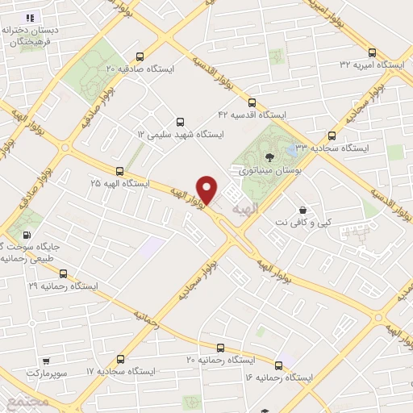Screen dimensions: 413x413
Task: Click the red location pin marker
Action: point(207,189)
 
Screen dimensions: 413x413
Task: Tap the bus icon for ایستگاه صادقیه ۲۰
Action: point(141,57)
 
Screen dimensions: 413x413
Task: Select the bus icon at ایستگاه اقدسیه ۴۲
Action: point(252,103)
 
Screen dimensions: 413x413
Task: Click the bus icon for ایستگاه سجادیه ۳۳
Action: point(331,136)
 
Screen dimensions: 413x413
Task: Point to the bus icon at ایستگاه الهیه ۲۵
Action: point(119,171)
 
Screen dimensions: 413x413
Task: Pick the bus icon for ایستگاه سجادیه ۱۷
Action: point(121,358)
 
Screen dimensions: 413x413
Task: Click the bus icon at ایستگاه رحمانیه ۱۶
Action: point(278,365)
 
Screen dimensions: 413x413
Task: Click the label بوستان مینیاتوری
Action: point(261,172)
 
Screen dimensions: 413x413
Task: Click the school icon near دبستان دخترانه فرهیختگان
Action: point(30,17)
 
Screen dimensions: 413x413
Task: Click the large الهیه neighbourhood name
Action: point(244,208)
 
